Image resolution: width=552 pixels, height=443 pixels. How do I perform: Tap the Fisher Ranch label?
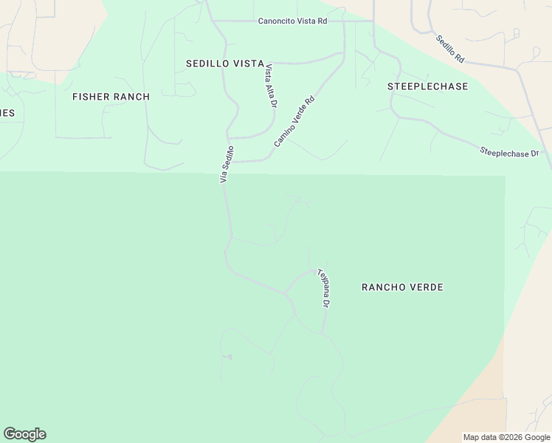pyautogui.click(x=111, y=97)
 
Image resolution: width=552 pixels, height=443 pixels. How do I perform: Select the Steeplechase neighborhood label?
pyautogui.click(x=428, y=86)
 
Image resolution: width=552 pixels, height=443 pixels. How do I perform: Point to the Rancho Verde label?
pyautogui.click(x=402, y=286)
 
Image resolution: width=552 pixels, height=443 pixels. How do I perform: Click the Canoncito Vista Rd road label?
pyautogui.click(x=292, y=21)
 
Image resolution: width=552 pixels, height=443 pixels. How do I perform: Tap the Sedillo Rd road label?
pyautogui.click(x=449, y=49)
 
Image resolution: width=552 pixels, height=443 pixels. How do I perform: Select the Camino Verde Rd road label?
pyautogui.click(x=294, y=120)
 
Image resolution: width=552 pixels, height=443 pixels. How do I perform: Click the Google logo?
pyautogui.click(x=24, y=434)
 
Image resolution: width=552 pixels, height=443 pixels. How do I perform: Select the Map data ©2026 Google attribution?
pyautogui.click(x=506, y=437)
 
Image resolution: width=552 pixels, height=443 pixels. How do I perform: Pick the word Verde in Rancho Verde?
pyautogui.click(x=427, y=286)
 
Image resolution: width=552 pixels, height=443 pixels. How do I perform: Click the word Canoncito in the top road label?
pyautogui.click(x=277, y=21)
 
